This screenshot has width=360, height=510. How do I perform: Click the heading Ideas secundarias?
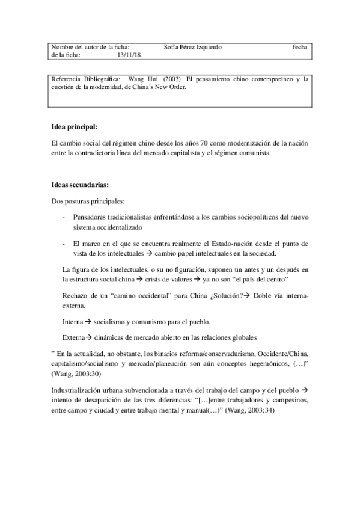(x=80, y=185)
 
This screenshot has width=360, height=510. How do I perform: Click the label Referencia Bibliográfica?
(x=86, y=79)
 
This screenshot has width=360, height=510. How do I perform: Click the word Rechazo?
(x=76, y=296)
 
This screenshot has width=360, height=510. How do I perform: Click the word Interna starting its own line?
(x=73, y=322)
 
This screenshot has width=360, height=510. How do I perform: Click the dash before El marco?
(x=64, y=244)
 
